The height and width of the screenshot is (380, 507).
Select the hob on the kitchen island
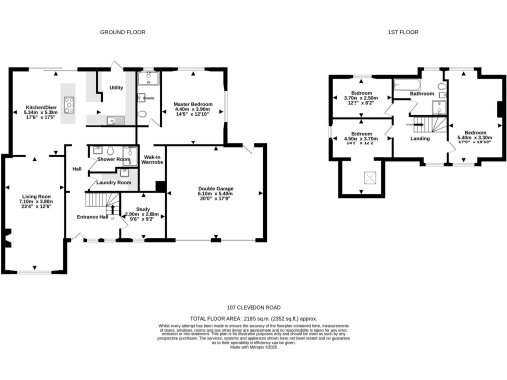(x=69, y=100)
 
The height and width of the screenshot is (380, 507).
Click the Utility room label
(x=114, y=88)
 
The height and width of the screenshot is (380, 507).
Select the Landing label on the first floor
(x=420, y=139)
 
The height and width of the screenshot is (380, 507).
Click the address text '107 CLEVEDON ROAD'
(x=253, y=308)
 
